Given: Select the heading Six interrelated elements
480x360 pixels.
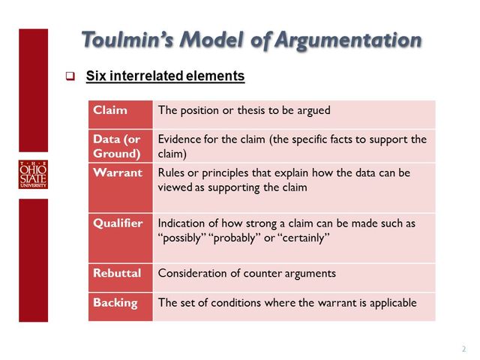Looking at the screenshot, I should click(165, 76).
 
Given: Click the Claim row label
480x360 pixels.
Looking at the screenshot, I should click(109, 110).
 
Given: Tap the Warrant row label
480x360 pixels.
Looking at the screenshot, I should click(117, 172).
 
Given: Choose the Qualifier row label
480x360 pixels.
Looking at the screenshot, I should click(116, 223).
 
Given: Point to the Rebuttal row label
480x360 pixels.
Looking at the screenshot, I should click(116, 273).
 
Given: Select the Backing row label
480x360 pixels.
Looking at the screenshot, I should click(115, 302).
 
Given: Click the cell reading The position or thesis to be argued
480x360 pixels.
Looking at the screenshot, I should click(244, 110).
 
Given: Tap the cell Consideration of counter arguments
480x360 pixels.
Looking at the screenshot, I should click(247, 273).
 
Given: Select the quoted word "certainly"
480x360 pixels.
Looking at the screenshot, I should click(303, 238).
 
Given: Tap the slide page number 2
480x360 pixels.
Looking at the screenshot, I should click(463, 349).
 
